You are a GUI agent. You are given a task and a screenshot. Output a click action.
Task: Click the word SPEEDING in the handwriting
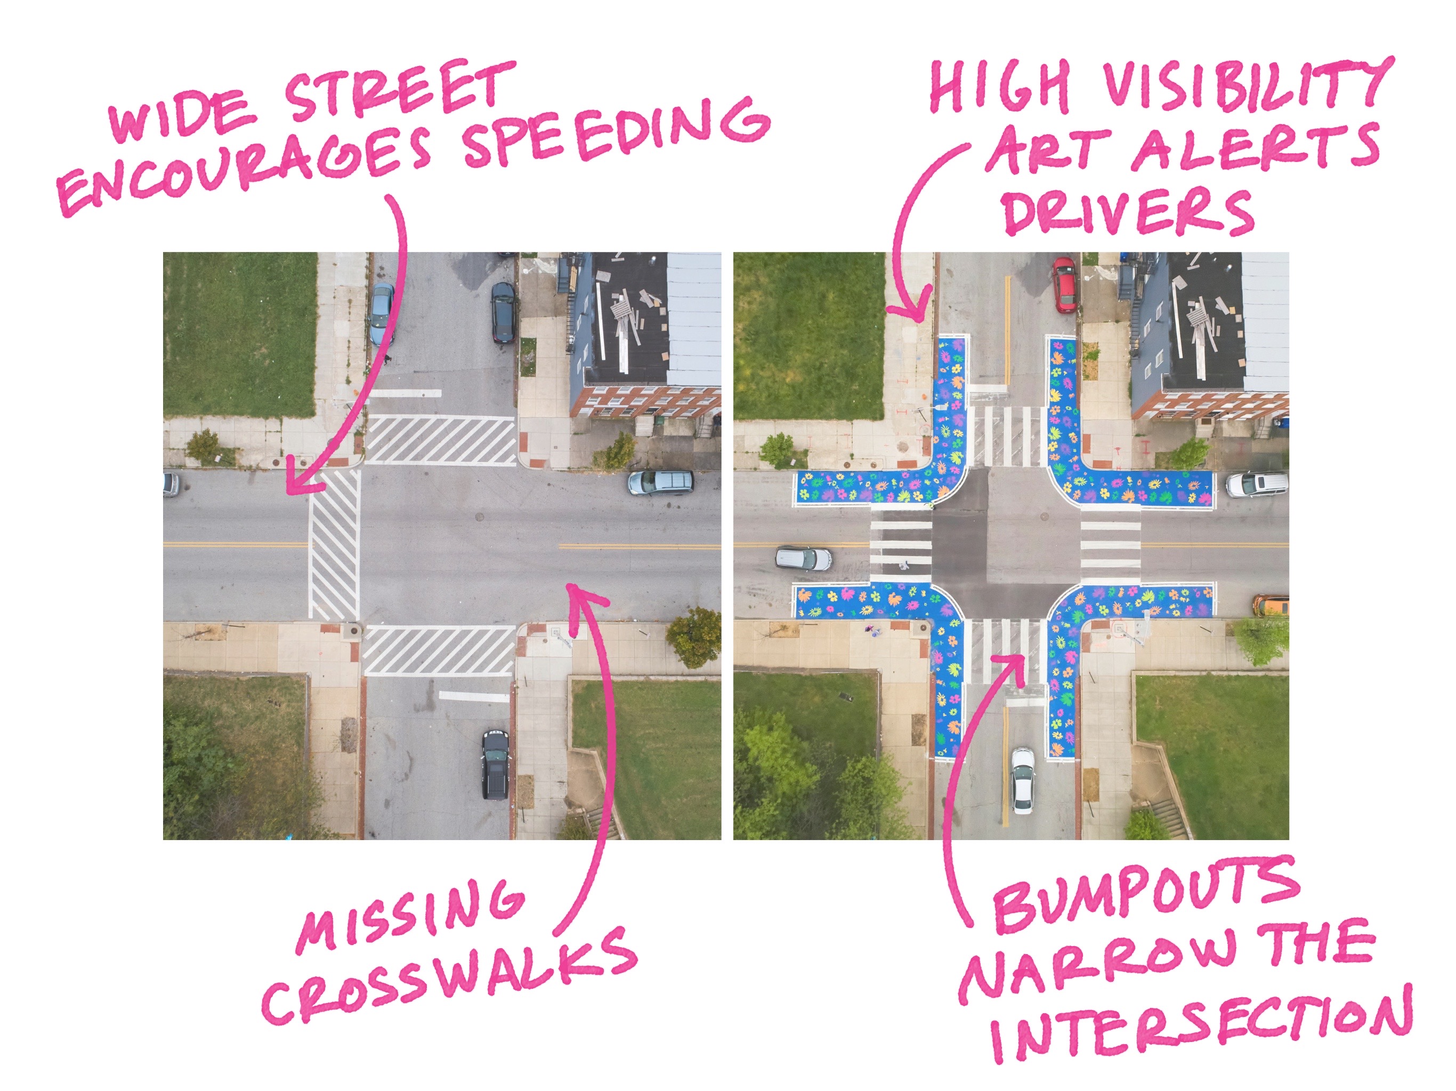click(x=616, y=132)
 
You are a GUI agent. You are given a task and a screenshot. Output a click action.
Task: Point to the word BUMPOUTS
click(x=1145, y=895)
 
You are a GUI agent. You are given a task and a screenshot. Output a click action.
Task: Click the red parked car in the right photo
click(x=1064, y=284)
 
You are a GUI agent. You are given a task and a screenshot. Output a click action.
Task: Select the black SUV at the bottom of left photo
click(x=495, y=763)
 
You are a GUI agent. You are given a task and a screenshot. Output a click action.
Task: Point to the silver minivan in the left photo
click(x=660, y=482)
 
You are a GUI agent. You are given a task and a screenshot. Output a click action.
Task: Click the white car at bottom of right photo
click(x=1022, y=780)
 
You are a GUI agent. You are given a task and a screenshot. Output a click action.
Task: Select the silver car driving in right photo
click(x=803, y=559)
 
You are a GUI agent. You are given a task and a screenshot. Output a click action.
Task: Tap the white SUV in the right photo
click(x=1256, y=485)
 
